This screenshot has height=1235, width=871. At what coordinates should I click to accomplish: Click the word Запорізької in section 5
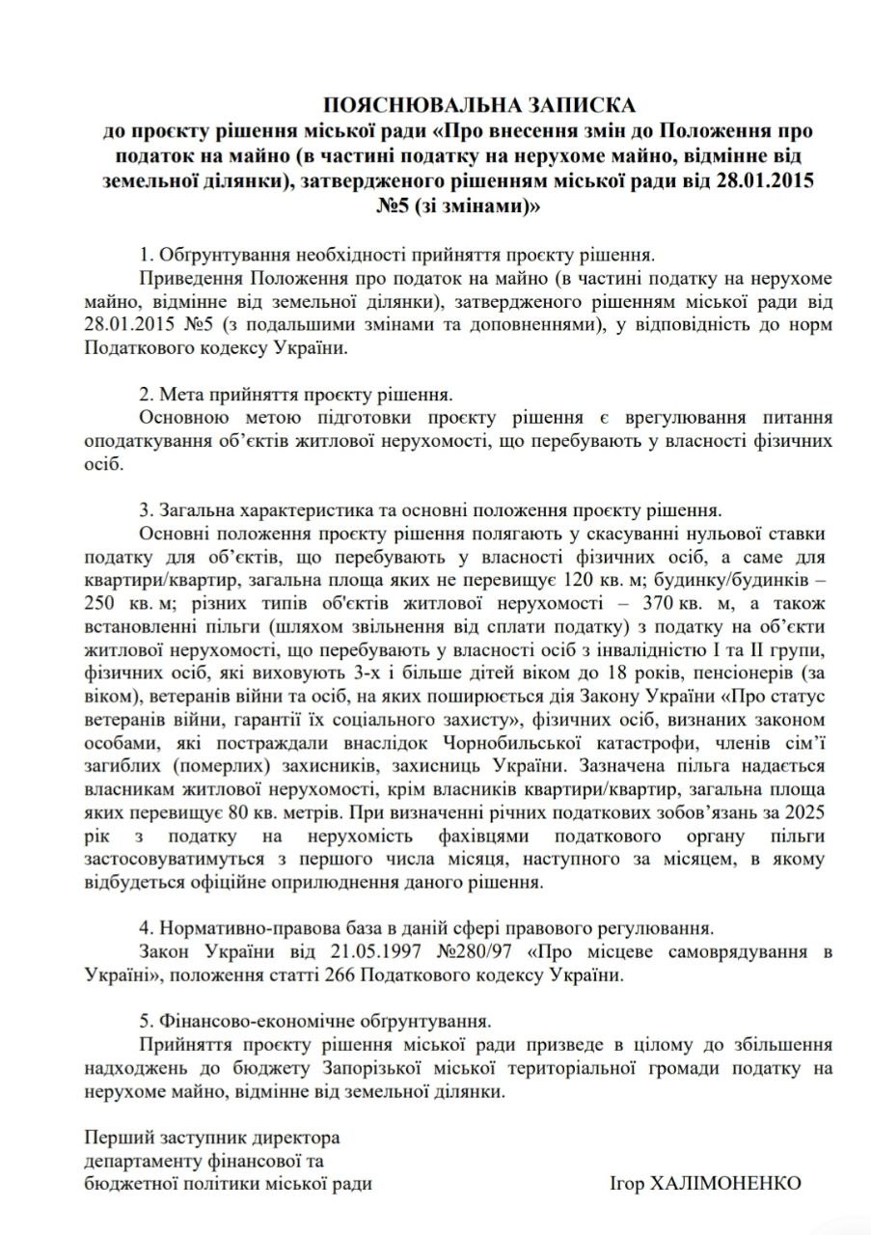(371, 1068)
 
